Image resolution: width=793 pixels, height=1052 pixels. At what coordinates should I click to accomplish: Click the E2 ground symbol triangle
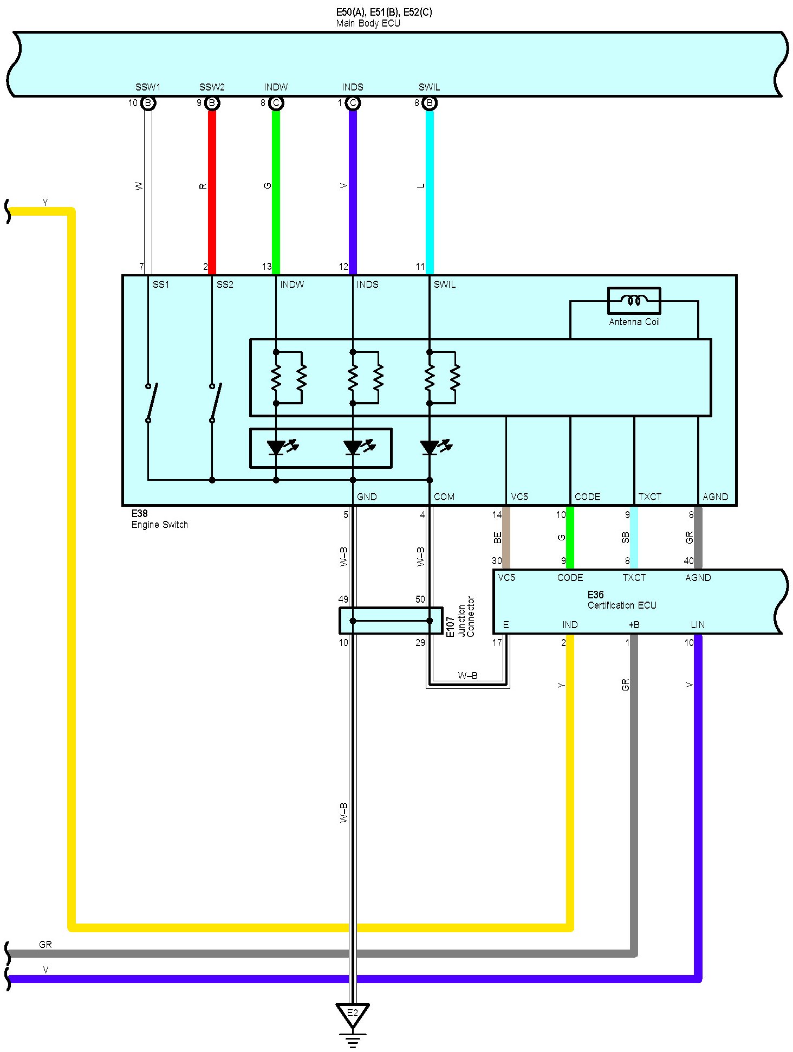pyautogui.click(x=352, y=1015)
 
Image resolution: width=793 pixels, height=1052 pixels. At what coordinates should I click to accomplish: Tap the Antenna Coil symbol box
pyautogui.click(x=634, y=300)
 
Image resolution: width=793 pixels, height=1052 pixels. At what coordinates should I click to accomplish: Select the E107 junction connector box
pyautogui.click(x=391, y=621)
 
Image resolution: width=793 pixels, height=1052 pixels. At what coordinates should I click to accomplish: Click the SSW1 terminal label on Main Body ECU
pyautogui.click(x=147, y=87)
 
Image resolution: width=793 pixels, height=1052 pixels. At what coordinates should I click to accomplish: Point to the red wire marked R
pyautogui.click(x=212, y=190)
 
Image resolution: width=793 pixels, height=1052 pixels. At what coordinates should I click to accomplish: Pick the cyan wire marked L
pyautogui.click(x=430, y=190)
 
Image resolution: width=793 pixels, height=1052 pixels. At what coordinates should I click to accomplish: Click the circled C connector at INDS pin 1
pyautogui.click(x=353, y=103)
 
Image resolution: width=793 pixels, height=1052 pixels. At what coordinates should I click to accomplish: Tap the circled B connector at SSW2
pyautogui.click(x=212, y=103)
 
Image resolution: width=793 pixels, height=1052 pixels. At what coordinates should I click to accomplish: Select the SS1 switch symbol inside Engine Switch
pyautogui.click(x=151, y=402)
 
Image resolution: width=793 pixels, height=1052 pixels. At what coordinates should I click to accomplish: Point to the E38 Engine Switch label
pyautogui.click(x=159, y=519)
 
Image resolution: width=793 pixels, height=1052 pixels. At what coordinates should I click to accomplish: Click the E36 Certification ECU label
pyautogui.click(x=621, y=600)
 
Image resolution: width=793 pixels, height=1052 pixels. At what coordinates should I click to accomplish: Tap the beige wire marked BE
pyautogui.click(x=506, y=538)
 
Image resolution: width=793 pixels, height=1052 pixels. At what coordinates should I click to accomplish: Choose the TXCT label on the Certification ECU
pyautogui.click(x=634, y=578)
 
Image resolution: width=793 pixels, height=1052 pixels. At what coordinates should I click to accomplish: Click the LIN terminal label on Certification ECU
pyautogui.click(x=698, y=625)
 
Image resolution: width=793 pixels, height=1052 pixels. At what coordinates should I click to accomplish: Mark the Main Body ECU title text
pyautogui.click(x=368, y=23)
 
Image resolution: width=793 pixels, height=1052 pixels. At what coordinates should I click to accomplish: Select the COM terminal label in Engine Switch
pyautogui.click(x=444, y=496)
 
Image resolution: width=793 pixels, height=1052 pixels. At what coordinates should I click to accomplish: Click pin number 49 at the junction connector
pyautogui.click(x=343, y=599)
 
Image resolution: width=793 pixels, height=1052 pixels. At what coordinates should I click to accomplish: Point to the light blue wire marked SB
pyautogui.click(x=634, y=538)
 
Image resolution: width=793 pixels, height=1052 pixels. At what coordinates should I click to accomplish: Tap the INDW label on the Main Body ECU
pyautogui.click(x=276, y=87)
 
